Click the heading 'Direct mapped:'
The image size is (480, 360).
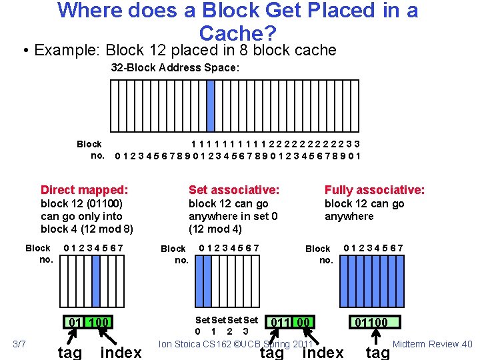click(84, 190)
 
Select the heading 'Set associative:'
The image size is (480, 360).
click(234, 190)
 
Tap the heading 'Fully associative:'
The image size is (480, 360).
click(374, 190)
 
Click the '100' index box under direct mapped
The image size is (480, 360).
click(98, 324)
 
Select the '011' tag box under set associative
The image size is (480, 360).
click(279, 323)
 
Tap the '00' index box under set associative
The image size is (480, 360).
click(303, 323)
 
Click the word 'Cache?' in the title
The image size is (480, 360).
click(237, 33)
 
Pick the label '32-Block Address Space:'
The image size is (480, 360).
click(175, 68)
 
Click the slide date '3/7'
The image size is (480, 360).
click(19, 343)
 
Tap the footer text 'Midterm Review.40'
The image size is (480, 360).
click(432, 344)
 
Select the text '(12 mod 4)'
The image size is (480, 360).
click(215, 229)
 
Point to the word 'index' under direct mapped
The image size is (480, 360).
click(121, 352)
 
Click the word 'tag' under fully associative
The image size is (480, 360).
click(377, 352)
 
